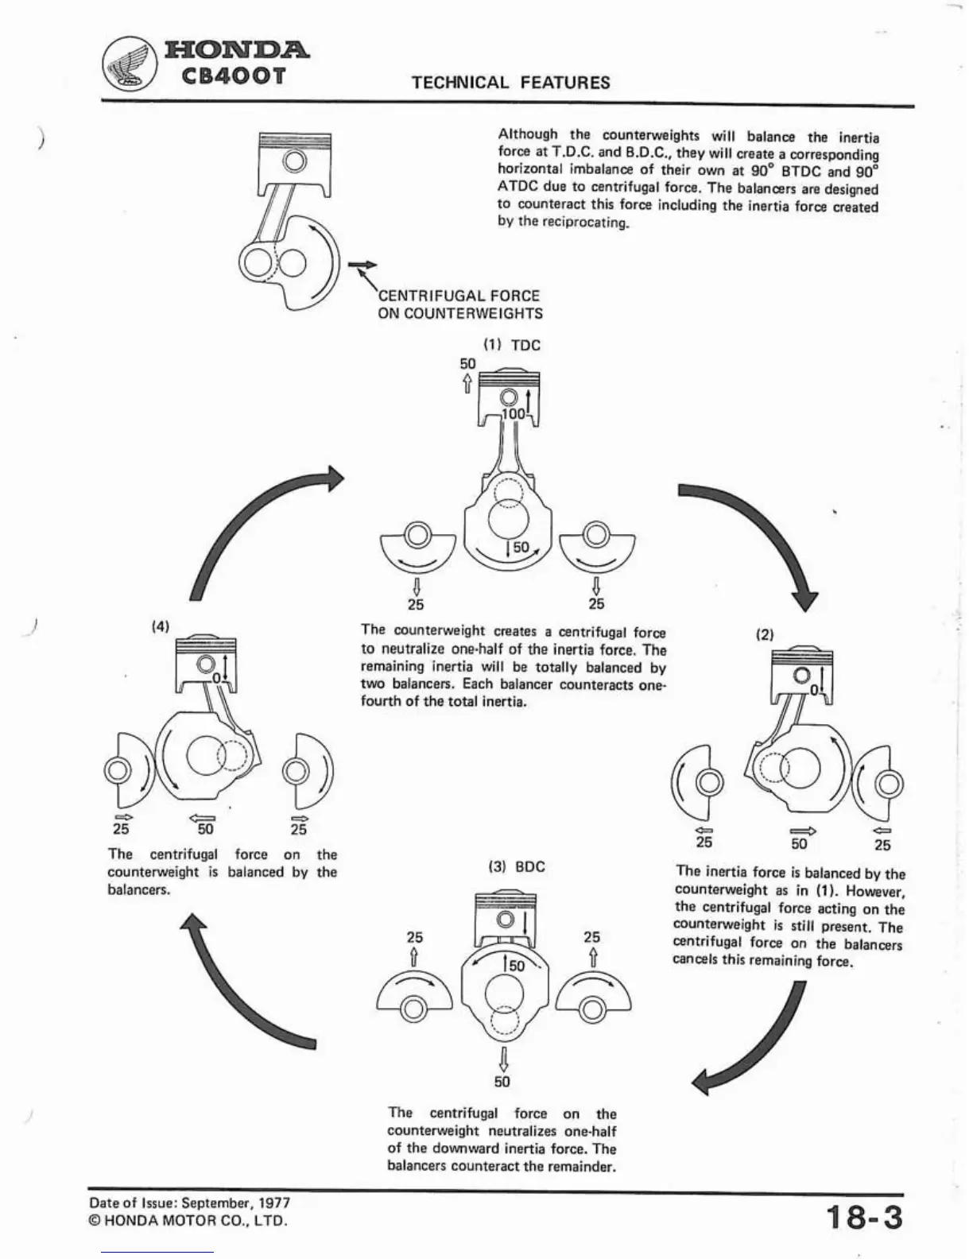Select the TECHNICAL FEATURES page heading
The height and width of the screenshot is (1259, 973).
511,83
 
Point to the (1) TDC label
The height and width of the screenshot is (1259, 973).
513,345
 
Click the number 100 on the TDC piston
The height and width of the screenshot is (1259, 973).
514,414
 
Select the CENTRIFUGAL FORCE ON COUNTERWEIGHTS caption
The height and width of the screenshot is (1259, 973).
460,304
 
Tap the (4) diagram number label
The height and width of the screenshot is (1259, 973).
160,626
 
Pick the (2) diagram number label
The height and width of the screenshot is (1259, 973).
765,634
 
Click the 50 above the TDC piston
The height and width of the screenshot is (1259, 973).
468,363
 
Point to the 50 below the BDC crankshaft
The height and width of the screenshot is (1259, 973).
502,1082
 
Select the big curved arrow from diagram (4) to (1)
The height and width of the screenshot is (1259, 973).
254,525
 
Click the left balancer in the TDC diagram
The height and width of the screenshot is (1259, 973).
418,548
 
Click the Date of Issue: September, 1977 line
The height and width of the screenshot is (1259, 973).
189,1203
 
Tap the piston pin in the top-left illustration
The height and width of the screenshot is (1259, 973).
296,161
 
